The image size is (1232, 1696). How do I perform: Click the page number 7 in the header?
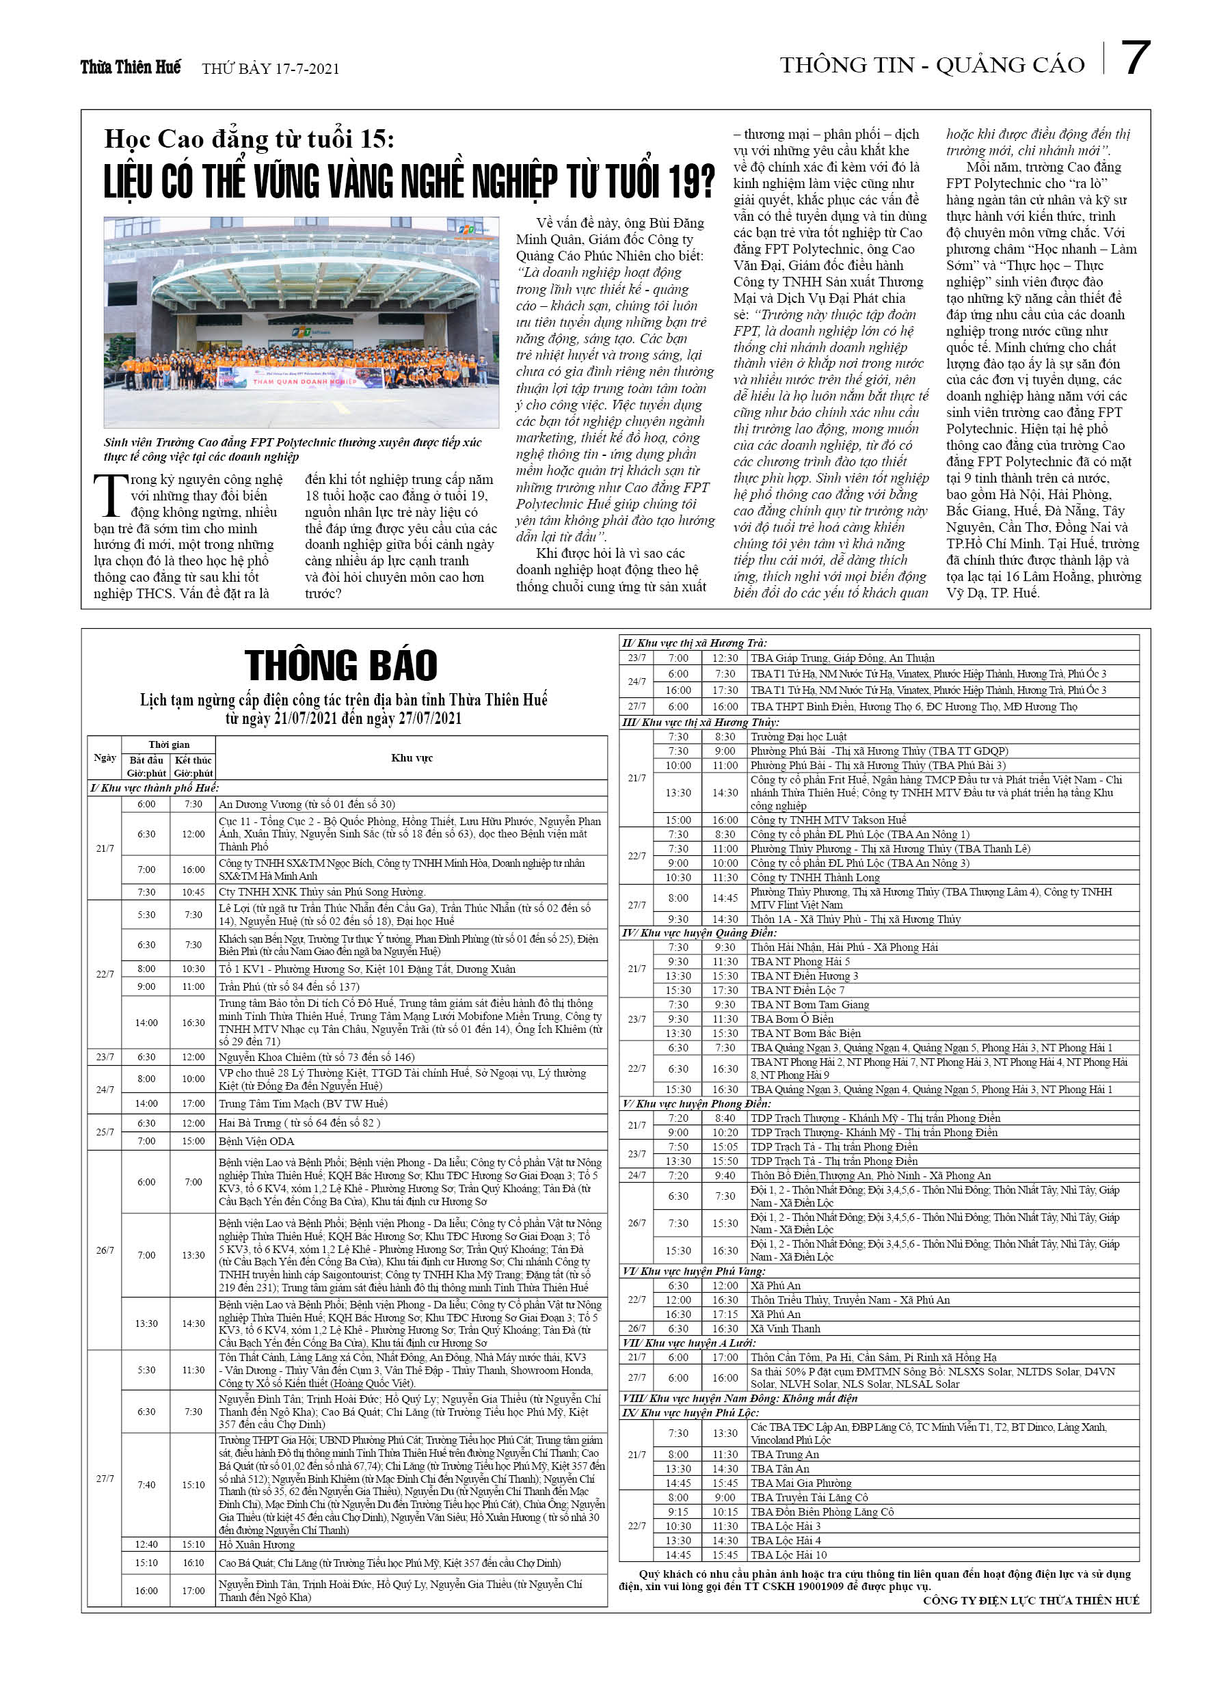coord(1135,58)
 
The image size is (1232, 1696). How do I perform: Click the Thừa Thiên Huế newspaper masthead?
coord(130,67)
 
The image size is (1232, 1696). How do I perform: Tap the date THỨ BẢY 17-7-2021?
coord(270,69)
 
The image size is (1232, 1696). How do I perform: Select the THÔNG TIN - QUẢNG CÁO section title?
coord(932,66)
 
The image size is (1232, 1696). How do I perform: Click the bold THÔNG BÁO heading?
coord(340,664)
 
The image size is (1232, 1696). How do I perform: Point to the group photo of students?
coord(301,322)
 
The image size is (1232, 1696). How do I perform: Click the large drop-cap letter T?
coord(110,494)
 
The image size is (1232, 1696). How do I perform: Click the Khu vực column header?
coord(412,757)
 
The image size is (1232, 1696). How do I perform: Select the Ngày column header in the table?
coord(105,757)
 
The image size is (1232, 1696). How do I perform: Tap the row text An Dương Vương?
coord(307,804)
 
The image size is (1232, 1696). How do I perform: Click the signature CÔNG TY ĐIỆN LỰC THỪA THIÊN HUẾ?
coord(1031,1600)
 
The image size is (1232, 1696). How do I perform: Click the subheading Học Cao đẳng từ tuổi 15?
coord(248,139)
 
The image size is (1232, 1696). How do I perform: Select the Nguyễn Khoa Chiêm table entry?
coord(317,1057)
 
